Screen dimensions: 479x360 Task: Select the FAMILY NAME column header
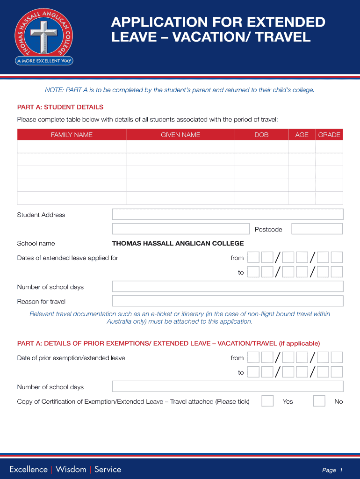click(x=72, y=135)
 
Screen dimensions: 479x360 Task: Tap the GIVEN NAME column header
click(x=180, y=135)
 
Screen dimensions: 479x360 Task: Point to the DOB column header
click(x=261, y=135)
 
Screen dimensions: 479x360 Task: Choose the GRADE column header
click(x=329, y=135)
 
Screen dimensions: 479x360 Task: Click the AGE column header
click(x=302, y=135)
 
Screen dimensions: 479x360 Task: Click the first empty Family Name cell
click(x=72, y=147)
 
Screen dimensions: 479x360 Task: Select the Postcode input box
click(x=317, y=229)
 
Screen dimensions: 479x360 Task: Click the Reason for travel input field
click(x=227, y=301)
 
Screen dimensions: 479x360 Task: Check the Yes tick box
click(x=267, y=401)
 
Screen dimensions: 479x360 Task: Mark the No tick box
click(x=319, y=401)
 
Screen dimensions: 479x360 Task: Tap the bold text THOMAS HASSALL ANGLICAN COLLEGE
click(x=178, y=243)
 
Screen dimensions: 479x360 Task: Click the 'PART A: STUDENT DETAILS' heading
click(x=60, y=107)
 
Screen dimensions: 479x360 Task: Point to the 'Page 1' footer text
click(x=332, y=470)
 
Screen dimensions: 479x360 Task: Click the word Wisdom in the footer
click(x=71, y=469)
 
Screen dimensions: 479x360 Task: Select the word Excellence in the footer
click(x=29, y=469)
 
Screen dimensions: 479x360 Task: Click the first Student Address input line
click(x=227, y=214)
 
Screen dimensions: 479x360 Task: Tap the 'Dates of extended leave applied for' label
click(x=68, y=258)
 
